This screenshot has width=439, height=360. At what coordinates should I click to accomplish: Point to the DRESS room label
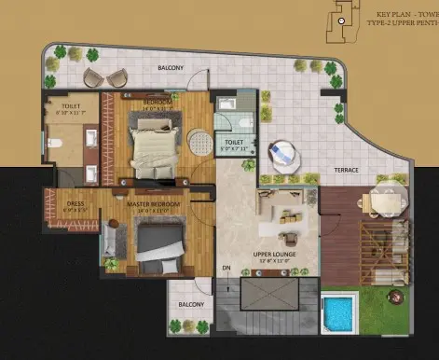(x=75, y=203)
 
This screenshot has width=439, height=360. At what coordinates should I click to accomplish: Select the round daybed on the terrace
(x=281, y=154)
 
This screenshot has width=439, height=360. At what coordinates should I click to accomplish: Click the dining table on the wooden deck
(x=385, y=200)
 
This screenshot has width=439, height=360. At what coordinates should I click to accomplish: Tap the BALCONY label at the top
(x=170, y=68)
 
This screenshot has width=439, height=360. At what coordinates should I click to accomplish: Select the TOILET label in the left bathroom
(x=72, y=106)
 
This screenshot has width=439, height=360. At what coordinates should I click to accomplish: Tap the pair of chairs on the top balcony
(x=97, y=76)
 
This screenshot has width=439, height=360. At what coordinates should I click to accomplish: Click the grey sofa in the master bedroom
(x=111, y=240)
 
